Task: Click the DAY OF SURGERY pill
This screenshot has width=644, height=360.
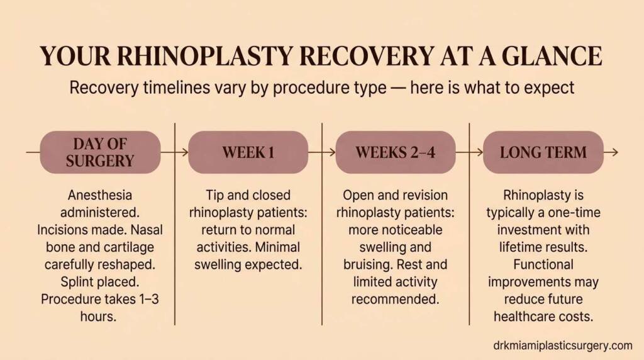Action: pyautogui.click(x=100, y=152)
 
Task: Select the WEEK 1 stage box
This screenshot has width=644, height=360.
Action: pyautogui.click(x=248, y=152)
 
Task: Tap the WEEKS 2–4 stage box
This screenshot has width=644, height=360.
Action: pyautogui.click(x=395, y=152)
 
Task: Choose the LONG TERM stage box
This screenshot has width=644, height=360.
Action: pyautogui.click(x=543, y=152)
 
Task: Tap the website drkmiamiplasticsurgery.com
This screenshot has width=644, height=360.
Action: pyautogui.click(x=563, y=345)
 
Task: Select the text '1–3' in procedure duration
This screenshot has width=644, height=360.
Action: pyautogui.click(x=146, y=299)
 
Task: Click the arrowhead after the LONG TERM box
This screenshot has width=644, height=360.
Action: pyautogui.click(x=614, y=152)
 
